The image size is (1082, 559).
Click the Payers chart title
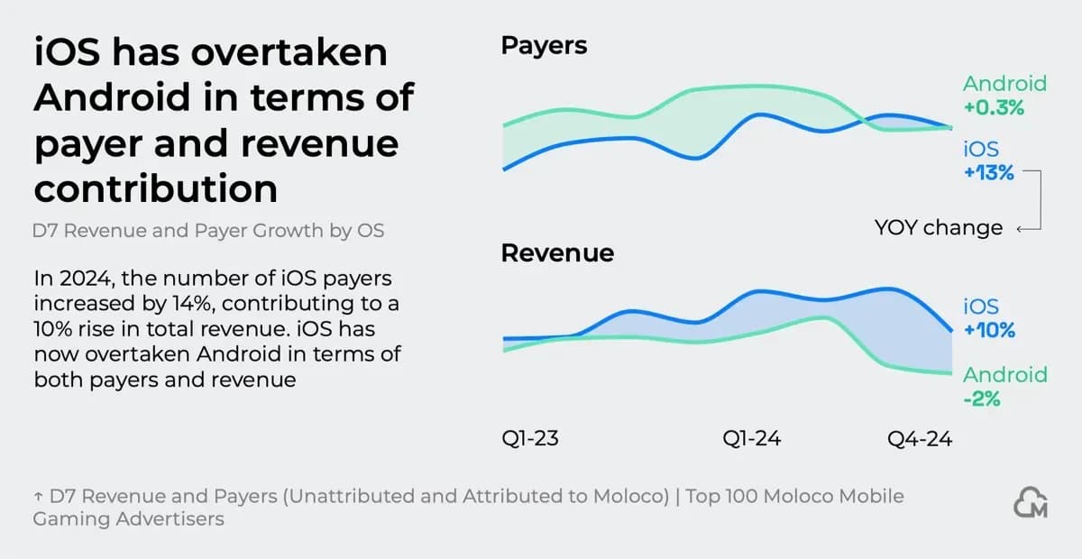click(x=544, y=46)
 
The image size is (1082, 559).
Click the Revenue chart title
click(x=557, y=253)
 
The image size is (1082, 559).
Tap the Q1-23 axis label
click(x=530, y=439)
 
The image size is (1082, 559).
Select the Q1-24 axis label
click(x=751, y=439)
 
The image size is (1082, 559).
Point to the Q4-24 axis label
click(x=919, y=439)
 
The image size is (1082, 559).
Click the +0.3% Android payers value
click(x=994, y=107)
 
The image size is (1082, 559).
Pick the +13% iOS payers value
click(x=989, y=173)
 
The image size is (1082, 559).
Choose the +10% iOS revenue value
click(x=989, y=330)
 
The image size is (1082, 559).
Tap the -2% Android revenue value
click(x=982, y=398)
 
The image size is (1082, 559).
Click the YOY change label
click(x=938, y=228)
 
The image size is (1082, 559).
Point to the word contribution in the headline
click(x=155, y=189)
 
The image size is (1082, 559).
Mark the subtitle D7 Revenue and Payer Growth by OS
click(x=209, y=231)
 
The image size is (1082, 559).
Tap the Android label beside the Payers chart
click(x=1004, y=84)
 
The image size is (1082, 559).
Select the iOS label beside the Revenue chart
click(x=981, y=307)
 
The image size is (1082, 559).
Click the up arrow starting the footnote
click(x=38, y=497)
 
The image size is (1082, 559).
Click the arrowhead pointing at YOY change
click(x=1019, y=229)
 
